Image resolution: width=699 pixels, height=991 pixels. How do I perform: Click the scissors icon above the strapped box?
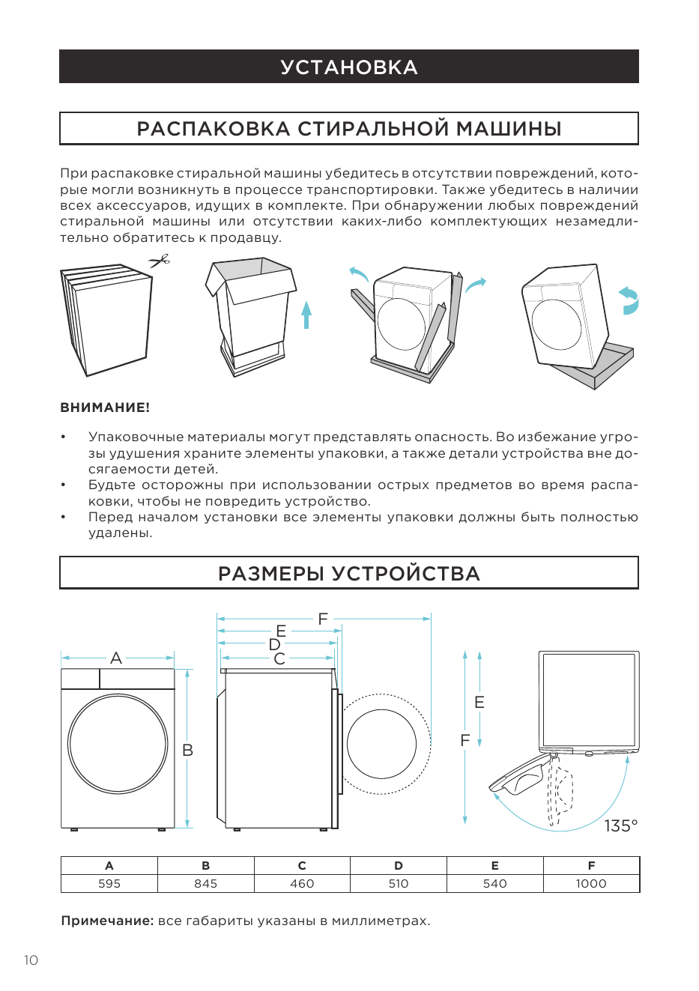(160, 261)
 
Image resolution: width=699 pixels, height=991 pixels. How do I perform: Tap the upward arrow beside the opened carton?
(306, 315)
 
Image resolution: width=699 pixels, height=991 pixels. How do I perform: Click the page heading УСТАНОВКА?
(349, 67)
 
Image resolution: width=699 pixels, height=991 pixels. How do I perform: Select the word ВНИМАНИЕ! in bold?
(105, 407)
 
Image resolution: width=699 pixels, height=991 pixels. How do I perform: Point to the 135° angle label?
(621, 825)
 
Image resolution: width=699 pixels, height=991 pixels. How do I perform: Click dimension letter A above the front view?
(116, 658)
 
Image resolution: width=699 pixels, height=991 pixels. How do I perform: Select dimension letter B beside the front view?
(187, 750)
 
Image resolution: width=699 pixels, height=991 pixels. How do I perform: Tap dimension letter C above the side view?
(279, 658)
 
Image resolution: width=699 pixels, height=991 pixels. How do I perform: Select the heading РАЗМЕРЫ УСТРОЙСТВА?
(349, 573)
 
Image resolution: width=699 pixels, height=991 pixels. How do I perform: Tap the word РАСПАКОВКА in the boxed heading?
(214, 129)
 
